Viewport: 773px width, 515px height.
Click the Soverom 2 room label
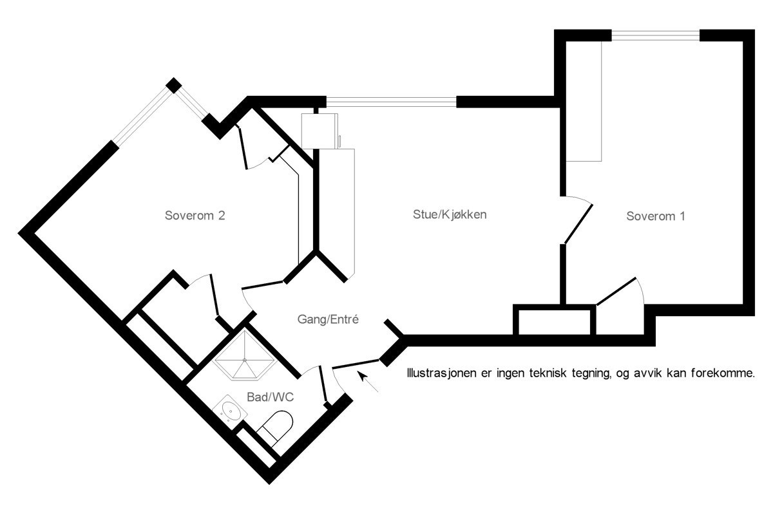click(195, 216)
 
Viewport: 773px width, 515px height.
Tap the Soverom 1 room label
click(655, 216)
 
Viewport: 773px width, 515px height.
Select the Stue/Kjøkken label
click(450, 214)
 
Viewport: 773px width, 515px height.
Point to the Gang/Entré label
click(328, 319)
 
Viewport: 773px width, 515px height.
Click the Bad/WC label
click(270, 397)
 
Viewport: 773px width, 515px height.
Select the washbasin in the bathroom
click(229, 411)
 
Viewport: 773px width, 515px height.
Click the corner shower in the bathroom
click(245, 355)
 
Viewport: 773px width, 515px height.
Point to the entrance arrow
click(368, 381)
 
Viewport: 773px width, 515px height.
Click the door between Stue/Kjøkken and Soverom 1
click(578, 224)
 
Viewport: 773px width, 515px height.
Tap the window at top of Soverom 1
click(655, 35)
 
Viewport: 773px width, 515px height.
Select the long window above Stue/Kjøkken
click(392, 102)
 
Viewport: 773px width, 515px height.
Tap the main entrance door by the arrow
click(356, 364)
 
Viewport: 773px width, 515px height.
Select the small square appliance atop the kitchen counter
click(320, 131)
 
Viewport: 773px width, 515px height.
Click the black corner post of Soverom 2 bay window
click(173, 85)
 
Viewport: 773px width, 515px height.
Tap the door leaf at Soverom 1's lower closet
click(616, 291)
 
